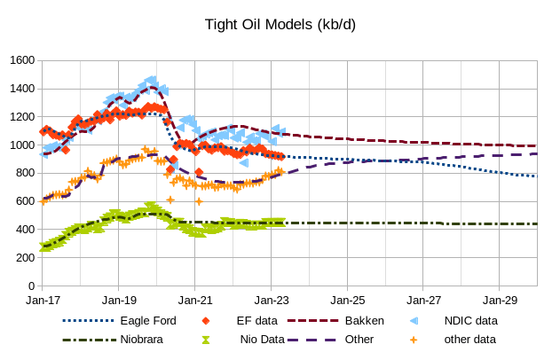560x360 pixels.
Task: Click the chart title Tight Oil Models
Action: click(x=280, y=24)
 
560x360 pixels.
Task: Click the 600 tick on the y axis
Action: click(x=24, y=202)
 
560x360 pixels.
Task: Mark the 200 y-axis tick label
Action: click(x=24, y=258)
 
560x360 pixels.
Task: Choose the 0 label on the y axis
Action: click(x=30, y=286)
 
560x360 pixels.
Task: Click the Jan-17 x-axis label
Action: click(x=42, y=301)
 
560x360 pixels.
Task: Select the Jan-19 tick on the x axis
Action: click(x=118, y=301)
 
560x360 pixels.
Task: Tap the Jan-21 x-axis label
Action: click(x=194, y=301)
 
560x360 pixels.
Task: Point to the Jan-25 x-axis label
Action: click(x=347, y=301)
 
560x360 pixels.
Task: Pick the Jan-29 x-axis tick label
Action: click(x=500, y=301)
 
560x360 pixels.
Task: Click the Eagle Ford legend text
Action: click(x=147, y=320)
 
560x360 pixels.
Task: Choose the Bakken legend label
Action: click(x=364, y=320)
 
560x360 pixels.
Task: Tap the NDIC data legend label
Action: click(x=470, y=320)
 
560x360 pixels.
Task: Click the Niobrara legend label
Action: click(x=144, y=339)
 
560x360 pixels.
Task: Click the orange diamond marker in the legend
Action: click(x=206, y=320)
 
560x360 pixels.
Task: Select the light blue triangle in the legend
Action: click(x=414, y=320)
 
